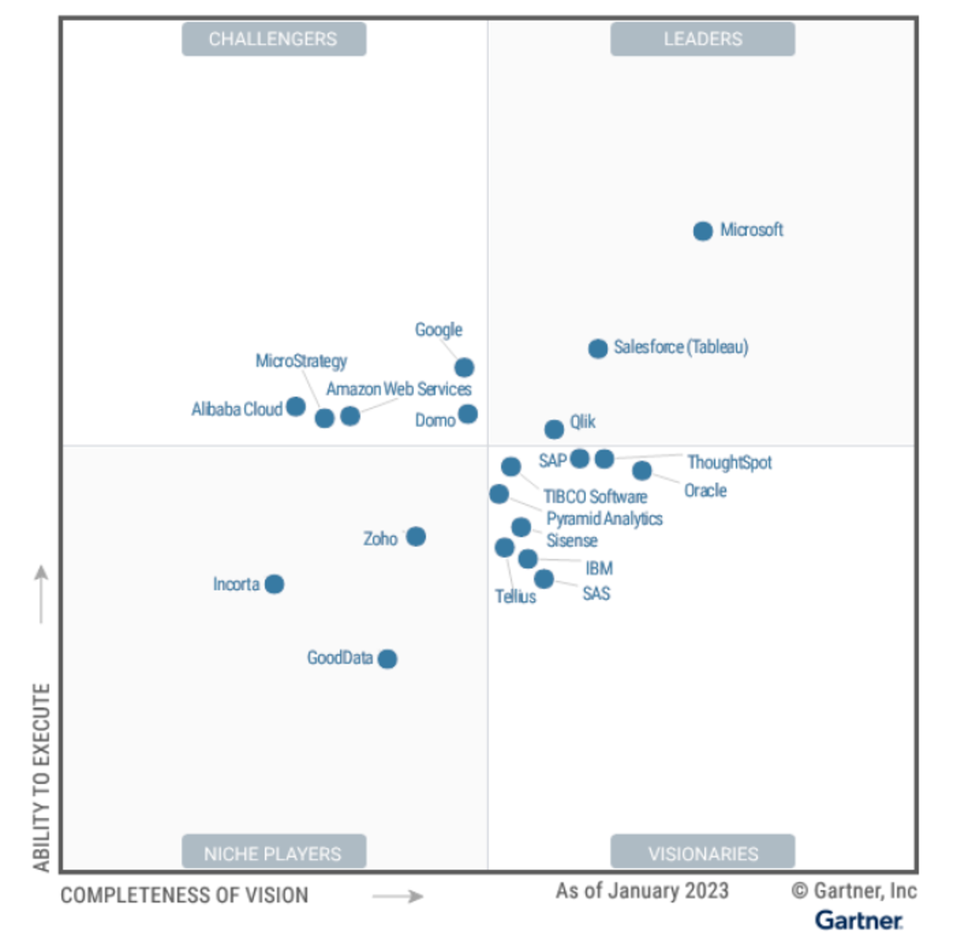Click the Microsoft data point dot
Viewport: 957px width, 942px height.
point(703,231)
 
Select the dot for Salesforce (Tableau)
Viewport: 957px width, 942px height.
point(597,348)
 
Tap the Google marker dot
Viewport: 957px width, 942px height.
point(464,367)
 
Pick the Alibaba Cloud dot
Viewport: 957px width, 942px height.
point(296,406)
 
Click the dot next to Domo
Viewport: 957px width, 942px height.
point(468,414)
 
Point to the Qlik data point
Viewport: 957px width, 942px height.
point(554,430)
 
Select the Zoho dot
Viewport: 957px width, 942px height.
point(415,537)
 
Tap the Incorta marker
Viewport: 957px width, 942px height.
point(274,584)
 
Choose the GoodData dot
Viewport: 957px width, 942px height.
point(388,659)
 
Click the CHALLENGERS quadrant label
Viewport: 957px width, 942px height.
point(274,39)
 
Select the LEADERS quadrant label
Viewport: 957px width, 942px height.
point(703,39)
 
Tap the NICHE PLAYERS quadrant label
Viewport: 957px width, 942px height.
point(274,853)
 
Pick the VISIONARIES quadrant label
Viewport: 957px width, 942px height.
point(703,853)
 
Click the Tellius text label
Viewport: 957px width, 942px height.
point(515,597)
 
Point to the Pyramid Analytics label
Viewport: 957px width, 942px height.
point(605,519)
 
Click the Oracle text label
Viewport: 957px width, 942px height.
point(705,490)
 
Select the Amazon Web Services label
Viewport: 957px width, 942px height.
point(399,389)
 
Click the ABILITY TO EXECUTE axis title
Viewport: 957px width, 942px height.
point(41,776)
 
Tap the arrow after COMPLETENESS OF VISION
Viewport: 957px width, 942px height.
point(397,897)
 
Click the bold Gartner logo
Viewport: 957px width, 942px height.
point(858,920)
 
